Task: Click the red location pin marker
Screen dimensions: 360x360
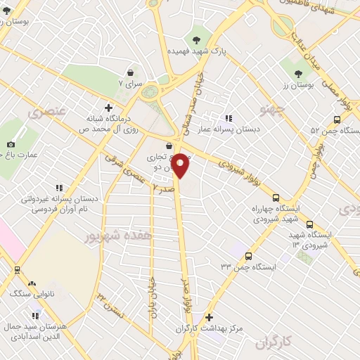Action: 181,165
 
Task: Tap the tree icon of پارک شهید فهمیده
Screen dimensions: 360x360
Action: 187,39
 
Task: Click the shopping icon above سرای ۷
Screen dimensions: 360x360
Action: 131,72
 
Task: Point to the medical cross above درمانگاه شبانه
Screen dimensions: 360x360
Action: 108,107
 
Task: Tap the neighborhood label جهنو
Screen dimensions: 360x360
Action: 269,110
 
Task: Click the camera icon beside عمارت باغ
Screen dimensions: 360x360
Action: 11,146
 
